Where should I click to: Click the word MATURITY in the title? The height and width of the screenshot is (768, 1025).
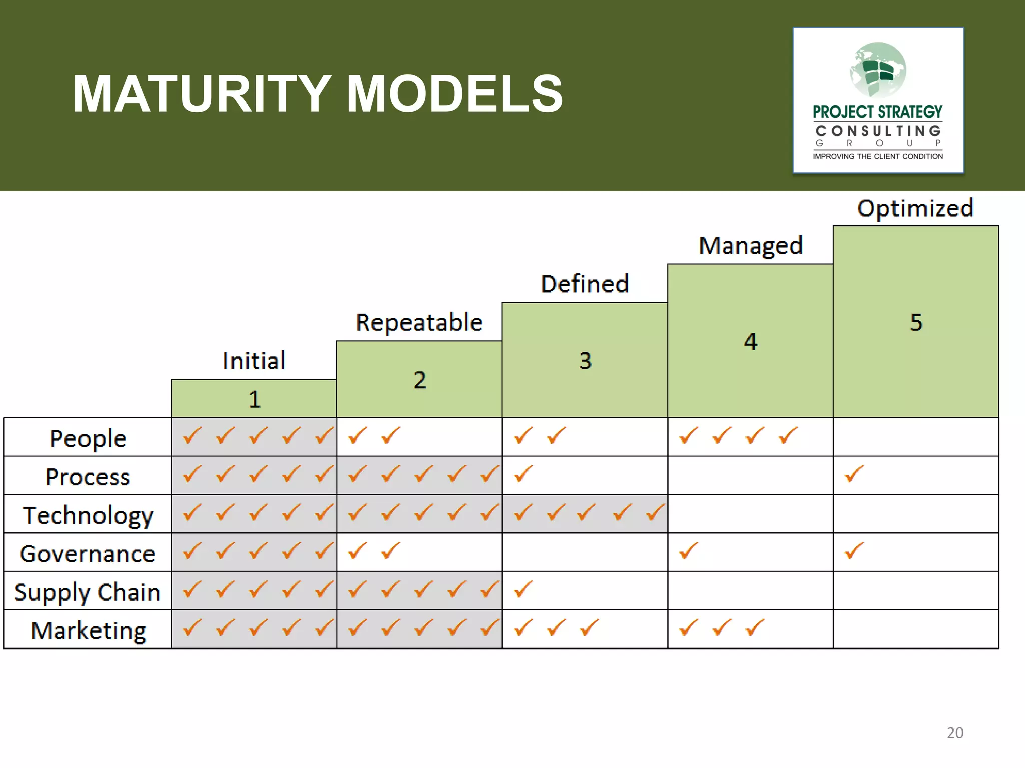pos(200,94)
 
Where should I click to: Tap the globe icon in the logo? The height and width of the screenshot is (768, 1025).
pos(878,70)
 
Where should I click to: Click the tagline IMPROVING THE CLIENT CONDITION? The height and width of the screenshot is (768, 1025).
pos(878,156)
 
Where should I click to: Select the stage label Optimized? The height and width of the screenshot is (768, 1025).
pos(915,208)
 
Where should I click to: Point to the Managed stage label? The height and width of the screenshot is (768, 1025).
pos(750,246)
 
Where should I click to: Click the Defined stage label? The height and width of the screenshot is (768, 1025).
pos(585,284)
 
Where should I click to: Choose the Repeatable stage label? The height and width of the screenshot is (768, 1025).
pos(419,322)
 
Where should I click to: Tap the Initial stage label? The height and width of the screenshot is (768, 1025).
pos(254,361)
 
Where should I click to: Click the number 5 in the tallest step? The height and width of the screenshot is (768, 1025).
pos(916,322)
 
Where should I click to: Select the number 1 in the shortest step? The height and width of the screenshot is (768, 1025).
pos(254,399)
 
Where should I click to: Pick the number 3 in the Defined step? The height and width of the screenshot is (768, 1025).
pos(585,361)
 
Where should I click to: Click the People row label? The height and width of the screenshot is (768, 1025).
pos(88,439)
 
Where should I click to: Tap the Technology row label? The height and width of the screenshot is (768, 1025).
pos(88,515)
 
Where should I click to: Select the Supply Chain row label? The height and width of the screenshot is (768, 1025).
pos(88,592)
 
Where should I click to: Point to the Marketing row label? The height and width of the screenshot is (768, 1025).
pos(89,631)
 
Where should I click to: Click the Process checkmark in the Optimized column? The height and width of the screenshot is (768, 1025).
pos(854,474)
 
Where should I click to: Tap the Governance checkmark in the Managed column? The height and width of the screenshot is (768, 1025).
pos(688,551)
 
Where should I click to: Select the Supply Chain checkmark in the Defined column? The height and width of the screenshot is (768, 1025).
pos(523,590)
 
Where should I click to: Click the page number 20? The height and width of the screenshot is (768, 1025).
pos(955,732)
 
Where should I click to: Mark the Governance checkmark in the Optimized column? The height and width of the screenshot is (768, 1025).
pos(854,551)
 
